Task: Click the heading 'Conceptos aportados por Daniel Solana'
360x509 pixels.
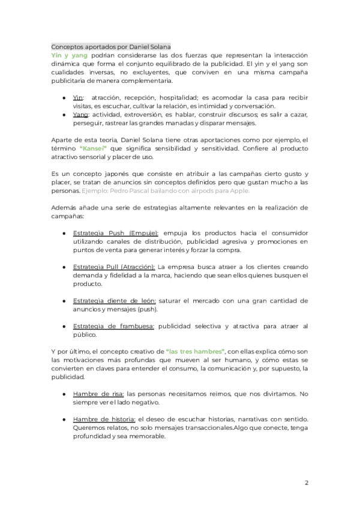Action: (111, 47)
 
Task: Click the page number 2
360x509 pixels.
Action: (306, 483)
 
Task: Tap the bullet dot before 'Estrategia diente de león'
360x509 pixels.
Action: (64, 300)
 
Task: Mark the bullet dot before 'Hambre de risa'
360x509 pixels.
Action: (64, 394)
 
